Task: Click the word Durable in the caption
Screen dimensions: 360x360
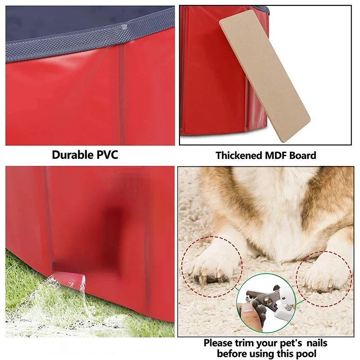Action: point(72,155)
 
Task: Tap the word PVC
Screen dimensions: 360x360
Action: point(107,155)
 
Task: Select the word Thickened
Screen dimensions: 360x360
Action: point(239,155)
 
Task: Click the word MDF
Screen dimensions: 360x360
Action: point(275,155)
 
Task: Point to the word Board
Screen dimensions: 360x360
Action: point(302,155)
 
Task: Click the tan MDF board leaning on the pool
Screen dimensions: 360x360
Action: point(265,76)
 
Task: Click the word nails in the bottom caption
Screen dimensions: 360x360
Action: point(317,343)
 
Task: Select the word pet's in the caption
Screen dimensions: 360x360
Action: point(290,343)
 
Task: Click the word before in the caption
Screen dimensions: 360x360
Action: point(230,353)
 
